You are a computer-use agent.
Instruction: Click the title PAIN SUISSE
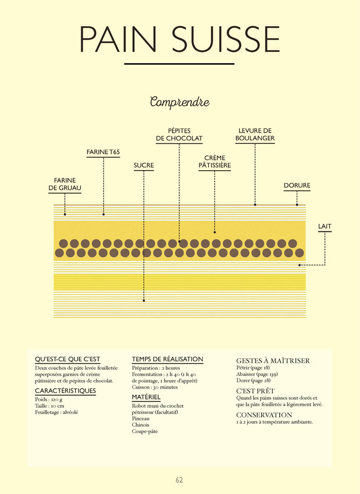[179, 38]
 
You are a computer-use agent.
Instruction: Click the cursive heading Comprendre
[179, 102]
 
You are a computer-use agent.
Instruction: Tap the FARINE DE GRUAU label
[65, 184]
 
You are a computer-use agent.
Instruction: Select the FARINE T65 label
[103, 152]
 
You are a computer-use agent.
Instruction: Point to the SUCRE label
[143, 166]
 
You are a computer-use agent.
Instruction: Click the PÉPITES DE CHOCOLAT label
[179, 135]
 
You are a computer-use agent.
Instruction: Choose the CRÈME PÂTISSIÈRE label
[214, 162]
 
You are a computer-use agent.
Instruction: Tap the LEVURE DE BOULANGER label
[255, 135]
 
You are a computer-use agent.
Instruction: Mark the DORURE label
[297, 186]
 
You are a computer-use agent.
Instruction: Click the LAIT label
[325, 226]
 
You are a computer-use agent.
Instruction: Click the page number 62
[179, 480]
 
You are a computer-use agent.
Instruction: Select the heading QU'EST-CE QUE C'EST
[67, 359]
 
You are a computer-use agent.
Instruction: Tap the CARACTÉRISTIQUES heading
[65, 391]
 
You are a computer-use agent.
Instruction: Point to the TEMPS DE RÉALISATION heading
[167, 359]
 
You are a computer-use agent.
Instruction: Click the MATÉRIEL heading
[146, 397]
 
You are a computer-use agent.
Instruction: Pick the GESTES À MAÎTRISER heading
[273, 361]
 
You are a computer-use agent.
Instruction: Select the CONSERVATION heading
[264, 415]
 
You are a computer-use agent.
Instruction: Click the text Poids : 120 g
[48, 399]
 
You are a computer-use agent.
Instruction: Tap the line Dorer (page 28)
[253, 380]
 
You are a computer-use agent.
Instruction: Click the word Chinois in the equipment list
[140, 425]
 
